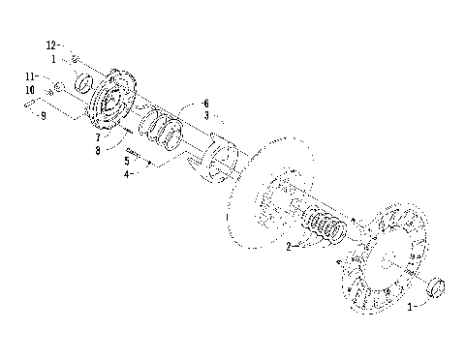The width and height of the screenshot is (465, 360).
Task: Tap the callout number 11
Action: tap(30, 75)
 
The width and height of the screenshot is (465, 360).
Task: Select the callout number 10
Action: tap(31, 91)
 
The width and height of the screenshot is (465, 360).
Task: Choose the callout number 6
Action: tap(204, 103)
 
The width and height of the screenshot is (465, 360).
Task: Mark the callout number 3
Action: tap(205, 115)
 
